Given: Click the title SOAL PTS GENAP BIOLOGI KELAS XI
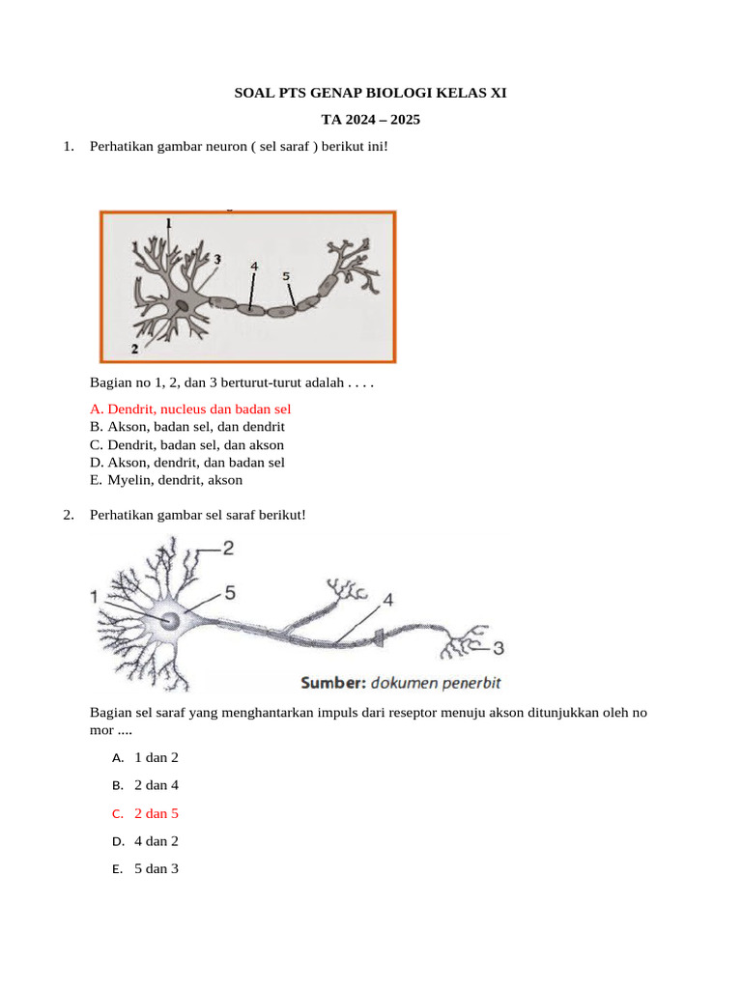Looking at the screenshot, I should (x=371, y=94).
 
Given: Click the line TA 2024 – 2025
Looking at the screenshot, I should (x=371, y=121).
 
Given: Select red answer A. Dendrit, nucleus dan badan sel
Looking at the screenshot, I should (x=190, y=410).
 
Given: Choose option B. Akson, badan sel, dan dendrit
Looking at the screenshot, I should (x=187, y=427).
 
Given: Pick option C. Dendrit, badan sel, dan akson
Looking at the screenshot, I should (x=187, y=445).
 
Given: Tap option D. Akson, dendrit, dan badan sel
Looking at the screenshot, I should (x=187, y=463).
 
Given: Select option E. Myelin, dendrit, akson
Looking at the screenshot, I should (x=166, y=480).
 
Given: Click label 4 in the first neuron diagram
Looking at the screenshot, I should (x=254, y=265).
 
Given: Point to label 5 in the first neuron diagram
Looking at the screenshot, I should (x=286, y=276).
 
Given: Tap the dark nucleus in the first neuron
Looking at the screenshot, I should (x=183, y=306).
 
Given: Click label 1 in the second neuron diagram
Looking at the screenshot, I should (x=95, y=599).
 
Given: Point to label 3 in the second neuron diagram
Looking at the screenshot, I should (x=499, y=647).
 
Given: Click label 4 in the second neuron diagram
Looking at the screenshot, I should (x=387, y=600).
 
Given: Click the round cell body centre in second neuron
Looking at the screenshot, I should (x=170, y=620).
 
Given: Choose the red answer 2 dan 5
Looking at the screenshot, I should (x=157, y=813).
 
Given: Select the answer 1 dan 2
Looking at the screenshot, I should (x=157, y=757).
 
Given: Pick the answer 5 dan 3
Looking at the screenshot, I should (x=157, y=868).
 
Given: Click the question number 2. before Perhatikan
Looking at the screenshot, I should (x=69, y=515).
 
